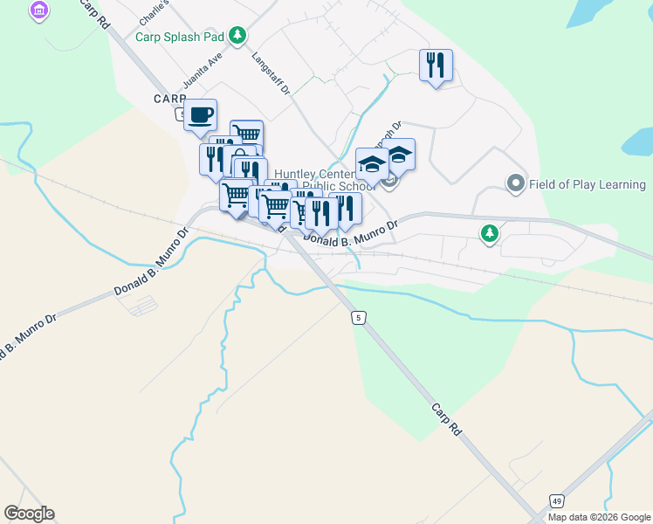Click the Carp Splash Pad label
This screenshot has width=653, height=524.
point(181,37)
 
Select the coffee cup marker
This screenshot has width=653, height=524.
point(201,114)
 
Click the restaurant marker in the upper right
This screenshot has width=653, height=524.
point(436,65)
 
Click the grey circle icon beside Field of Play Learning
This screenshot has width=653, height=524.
point(515,184)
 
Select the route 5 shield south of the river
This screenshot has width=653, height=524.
point(359,318)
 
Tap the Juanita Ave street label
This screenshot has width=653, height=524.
point(198,74)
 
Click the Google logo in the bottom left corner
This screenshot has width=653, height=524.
point(29,514)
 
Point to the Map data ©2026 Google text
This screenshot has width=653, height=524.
point(599,517)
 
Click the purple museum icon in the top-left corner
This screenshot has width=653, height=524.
point(38,11)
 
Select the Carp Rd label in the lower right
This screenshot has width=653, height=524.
point(446,420)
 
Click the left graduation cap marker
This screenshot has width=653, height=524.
point(372,163)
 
